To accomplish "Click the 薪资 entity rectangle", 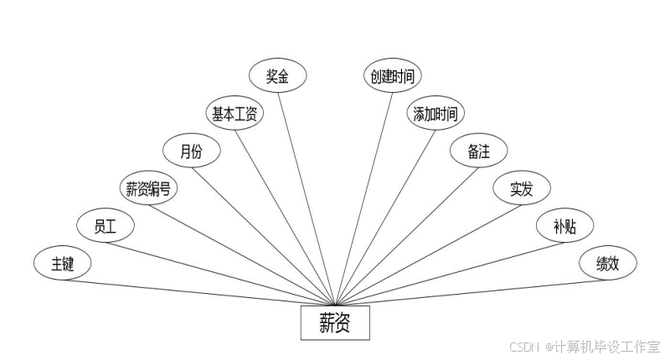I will click(335, 323).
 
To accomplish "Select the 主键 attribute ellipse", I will click(63, 264).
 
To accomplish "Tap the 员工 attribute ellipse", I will click(105, 225).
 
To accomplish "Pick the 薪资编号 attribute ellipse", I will click(149, 189).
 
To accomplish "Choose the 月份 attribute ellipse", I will click(192, 152).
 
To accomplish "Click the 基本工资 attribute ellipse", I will click(235, 114).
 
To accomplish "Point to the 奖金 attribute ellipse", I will click(278, 76).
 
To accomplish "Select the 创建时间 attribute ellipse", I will click(392, 76).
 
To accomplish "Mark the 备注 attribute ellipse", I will click(478, 152).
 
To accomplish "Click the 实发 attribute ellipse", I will click(521, 189).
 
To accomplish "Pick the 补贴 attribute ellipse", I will click(564, 226).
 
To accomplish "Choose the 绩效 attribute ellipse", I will click(607, 264).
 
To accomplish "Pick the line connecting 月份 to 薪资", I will click(264, 237).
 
